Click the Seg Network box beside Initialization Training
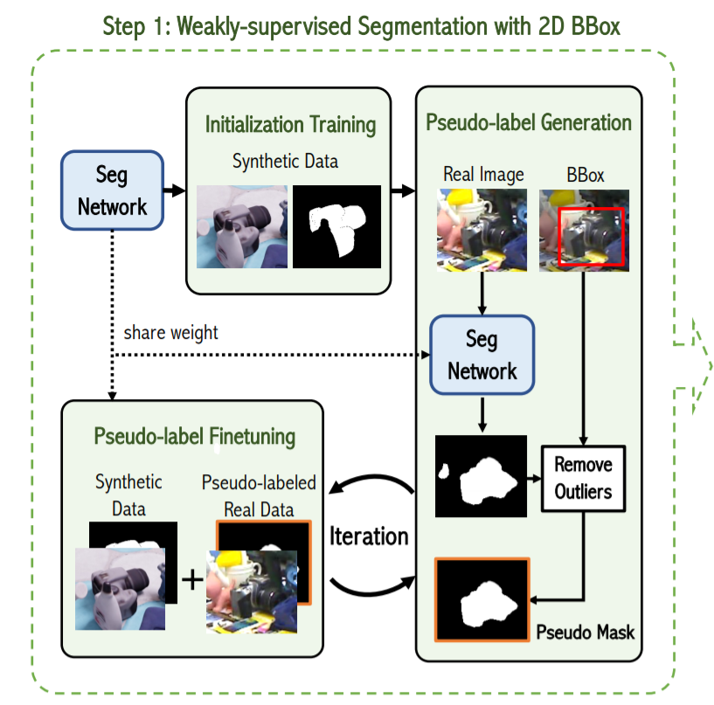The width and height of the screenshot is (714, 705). point(113,191)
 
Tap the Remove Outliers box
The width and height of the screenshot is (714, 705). point(583,477)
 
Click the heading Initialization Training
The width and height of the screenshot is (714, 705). point(290,124)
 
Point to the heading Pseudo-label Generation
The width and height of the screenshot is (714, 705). point(529,121)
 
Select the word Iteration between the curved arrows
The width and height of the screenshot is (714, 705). point(369,536)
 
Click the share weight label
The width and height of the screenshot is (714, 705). point(170,332)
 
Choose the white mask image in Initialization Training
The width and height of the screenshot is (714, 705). point(337,226)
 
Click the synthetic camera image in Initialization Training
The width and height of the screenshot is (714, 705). point(242,226)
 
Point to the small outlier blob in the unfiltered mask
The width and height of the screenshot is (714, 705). point(444,473)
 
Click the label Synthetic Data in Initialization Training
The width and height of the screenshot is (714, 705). point(285,162)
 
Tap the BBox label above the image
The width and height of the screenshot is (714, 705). point(585,175)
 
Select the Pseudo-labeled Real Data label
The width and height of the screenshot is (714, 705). point(259,496)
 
